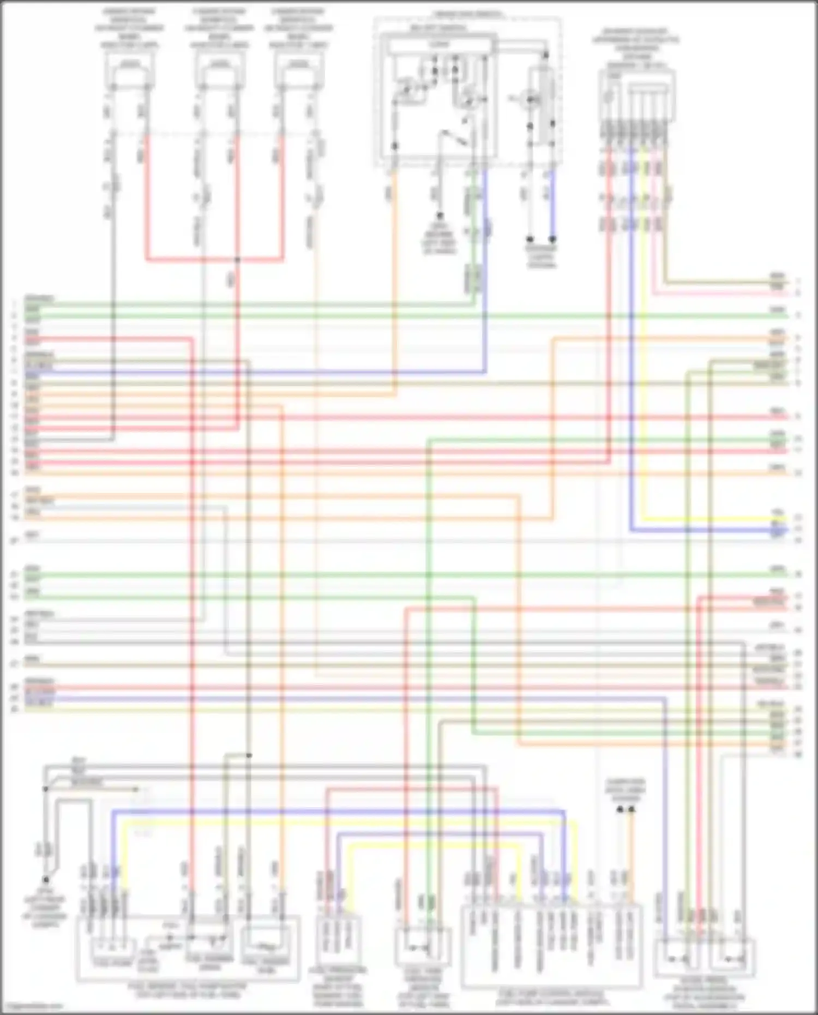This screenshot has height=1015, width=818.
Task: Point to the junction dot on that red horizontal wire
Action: point(237,260)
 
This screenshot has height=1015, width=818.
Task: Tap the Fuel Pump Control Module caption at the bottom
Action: point(551,998)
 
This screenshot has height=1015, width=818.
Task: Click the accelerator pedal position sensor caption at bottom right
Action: point(704,993)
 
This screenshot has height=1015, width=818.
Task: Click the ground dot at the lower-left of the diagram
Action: point(46,879)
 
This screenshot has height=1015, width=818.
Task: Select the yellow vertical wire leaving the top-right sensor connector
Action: point(644,327)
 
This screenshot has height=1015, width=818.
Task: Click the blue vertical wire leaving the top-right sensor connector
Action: point(631,327)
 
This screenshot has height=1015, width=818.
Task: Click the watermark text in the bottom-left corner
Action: point(32,1006)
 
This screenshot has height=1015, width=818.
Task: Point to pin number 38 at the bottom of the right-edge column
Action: point(798,755)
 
